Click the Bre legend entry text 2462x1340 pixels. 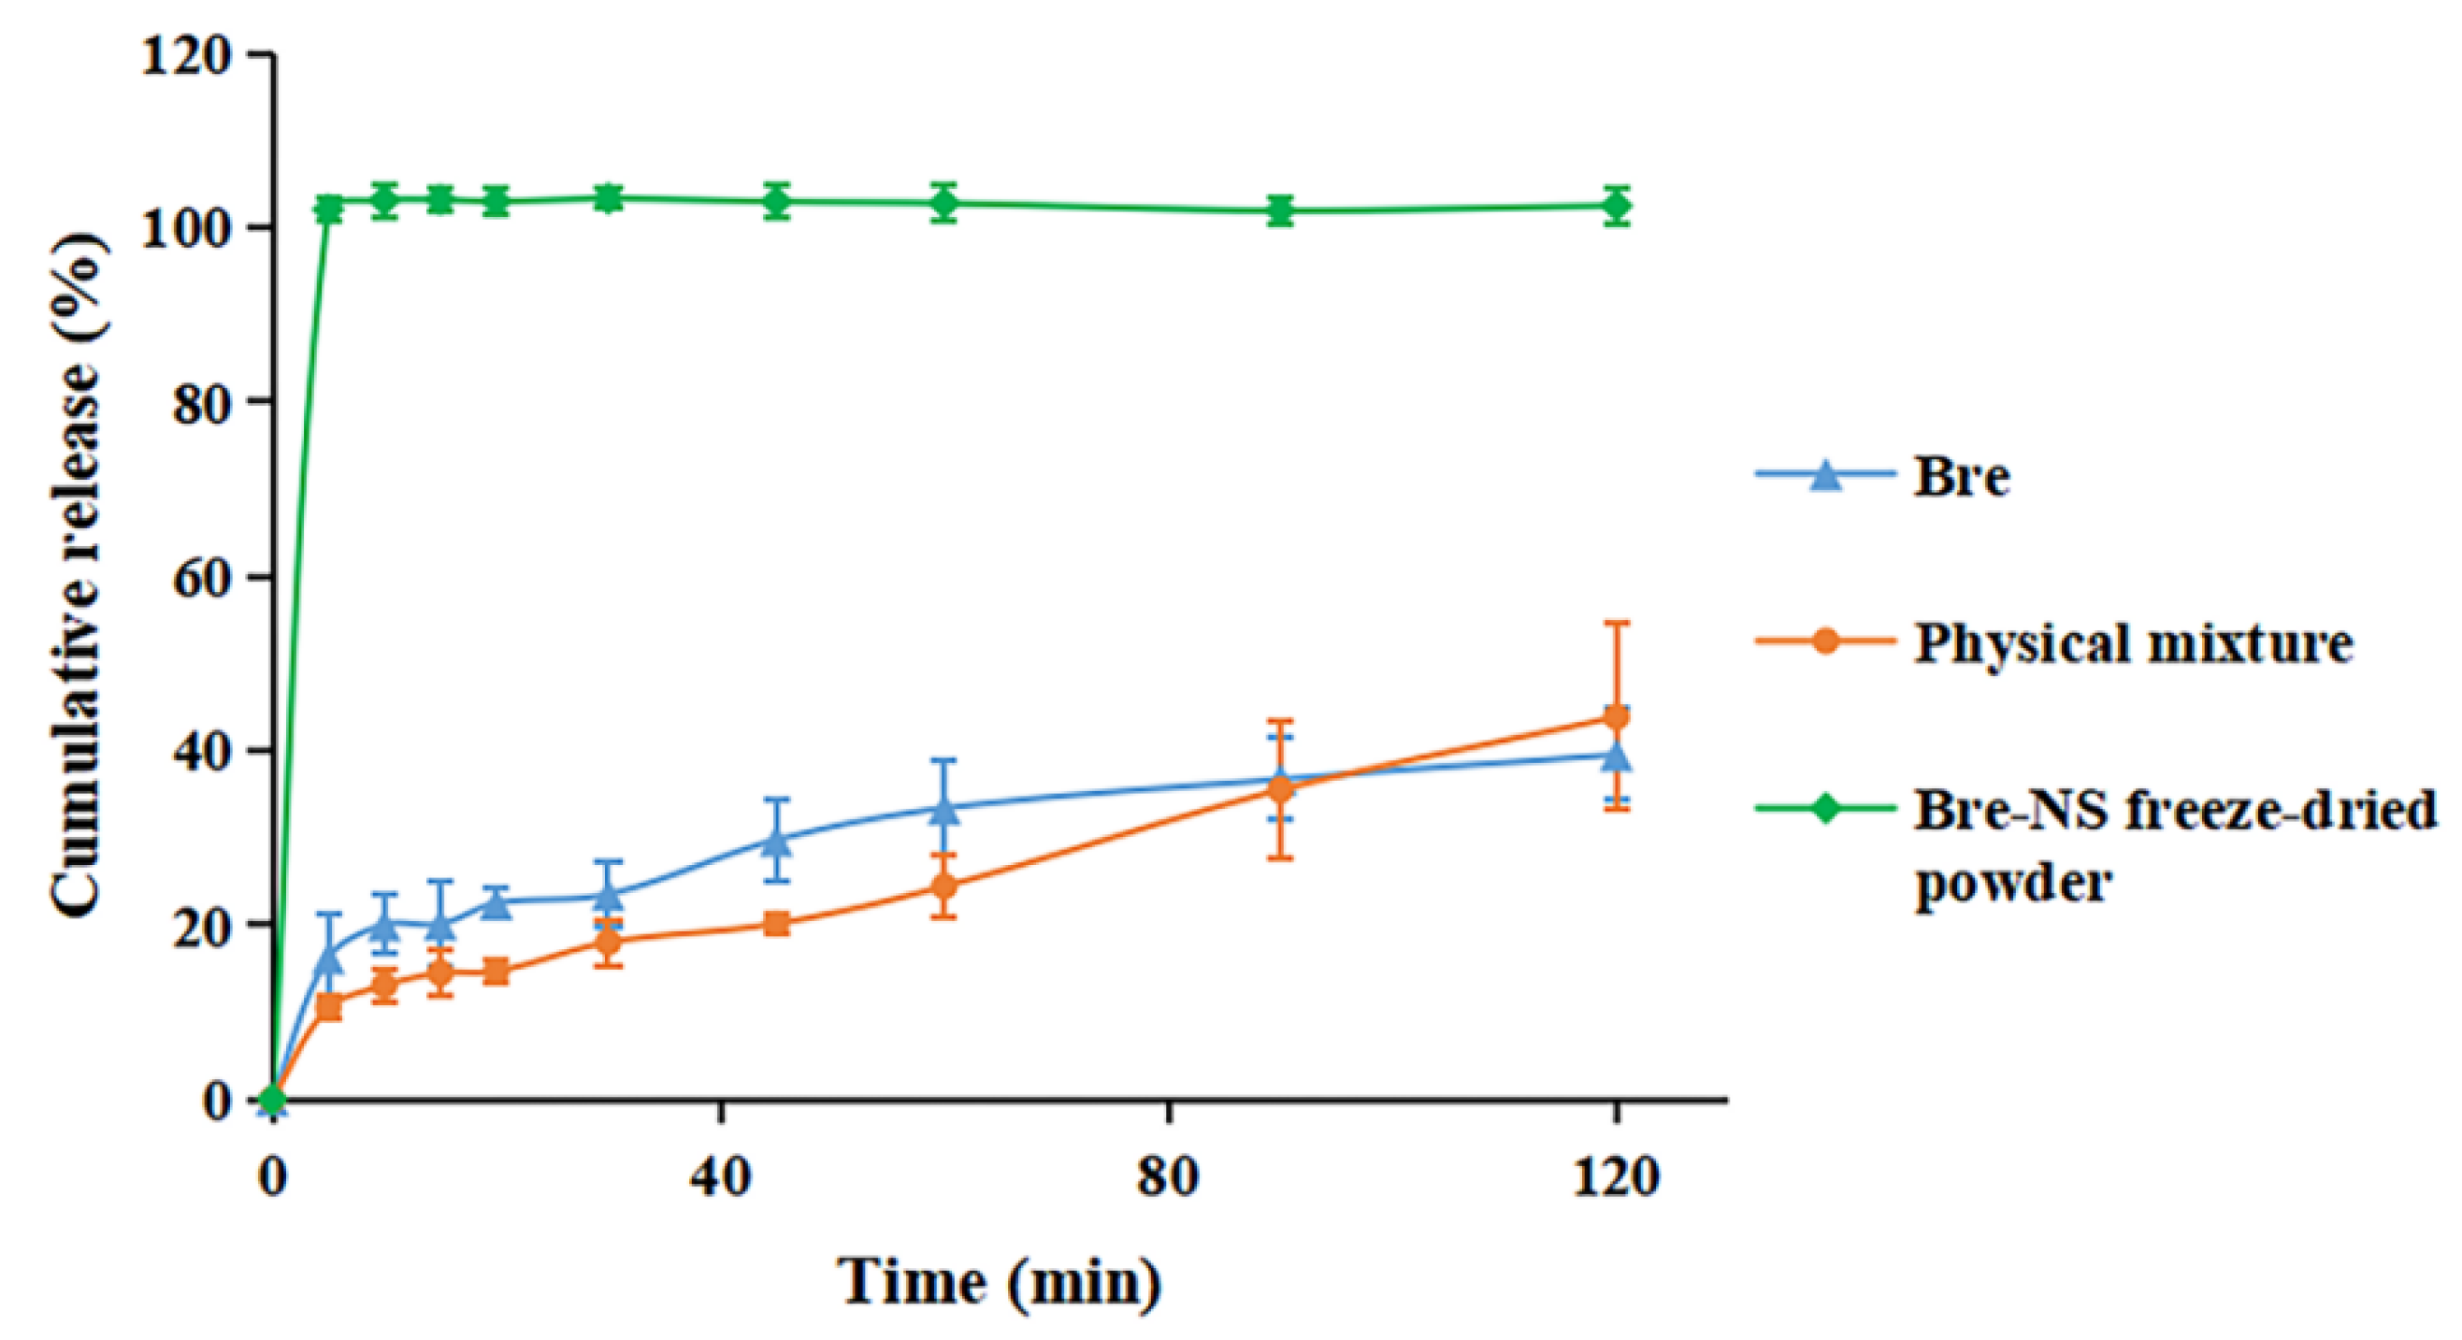[1960, 475]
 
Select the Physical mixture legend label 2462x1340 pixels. [2132, 643]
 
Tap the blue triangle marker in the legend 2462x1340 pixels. [1825, 475]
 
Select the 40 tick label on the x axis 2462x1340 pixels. [721, 1178]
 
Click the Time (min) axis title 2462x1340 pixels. [1000, 1282]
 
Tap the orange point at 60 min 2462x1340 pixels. [944, 886]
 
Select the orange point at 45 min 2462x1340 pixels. [777, 923]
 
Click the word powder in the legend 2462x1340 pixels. [2012, 884]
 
